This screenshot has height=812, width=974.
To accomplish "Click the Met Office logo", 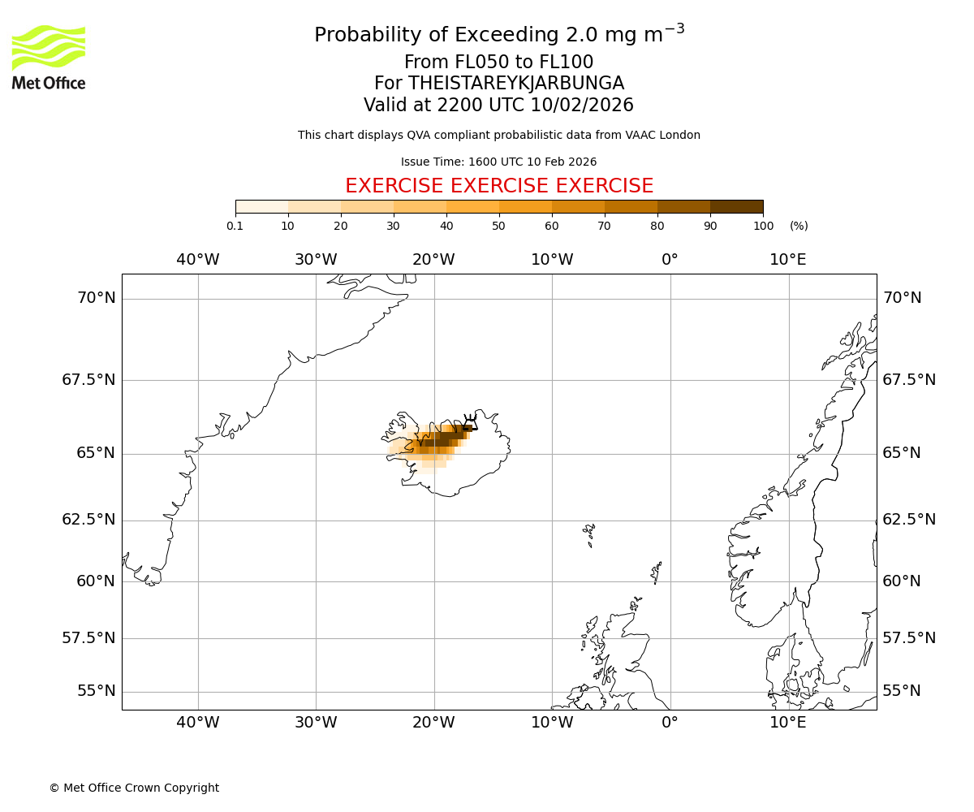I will [49, 57].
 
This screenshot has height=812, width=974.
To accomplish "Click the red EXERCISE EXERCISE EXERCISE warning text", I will [499, 186].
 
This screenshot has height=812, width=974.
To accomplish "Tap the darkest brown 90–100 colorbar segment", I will [736, 206].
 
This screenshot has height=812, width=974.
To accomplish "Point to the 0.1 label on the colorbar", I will [235, 226].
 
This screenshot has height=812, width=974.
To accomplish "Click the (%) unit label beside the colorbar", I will [799, 226].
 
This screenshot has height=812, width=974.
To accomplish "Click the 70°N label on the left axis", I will [97, 298].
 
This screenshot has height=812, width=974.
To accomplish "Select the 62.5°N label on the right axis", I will [909, 520].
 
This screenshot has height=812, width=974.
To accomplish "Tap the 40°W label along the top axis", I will [198, 260].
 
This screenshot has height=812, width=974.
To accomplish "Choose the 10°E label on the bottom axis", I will [788, 722].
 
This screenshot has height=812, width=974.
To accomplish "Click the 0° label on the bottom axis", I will [670, 722].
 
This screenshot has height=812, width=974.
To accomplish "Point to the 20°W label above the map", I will [433, 260].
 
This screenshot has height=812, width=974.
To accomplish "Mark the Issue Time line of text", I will [498, 162].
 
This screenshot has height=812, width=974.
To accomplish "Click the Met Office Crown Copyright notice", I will [134, 788].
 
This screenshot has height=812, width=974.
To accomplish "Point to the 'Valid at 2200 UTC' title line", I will [498, 106].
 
